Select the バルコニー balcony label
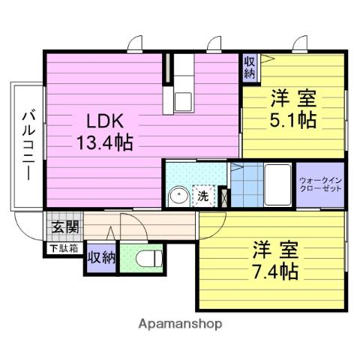[27, 145]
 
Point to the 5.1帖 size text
[292, 119]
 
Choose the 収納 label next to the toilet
[100, 257]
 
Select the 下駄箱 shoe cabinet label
[64, 247]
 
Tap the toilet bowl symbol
[147, 260]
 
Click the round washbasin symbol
[178, 196]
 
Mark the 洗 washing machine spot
[202, 196]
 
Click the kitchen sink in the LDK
[183, 100]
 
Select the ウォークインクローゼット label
[320, 184]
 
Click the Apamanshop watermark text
[179, 325]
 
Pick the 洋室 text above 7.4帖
[274, 249]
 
